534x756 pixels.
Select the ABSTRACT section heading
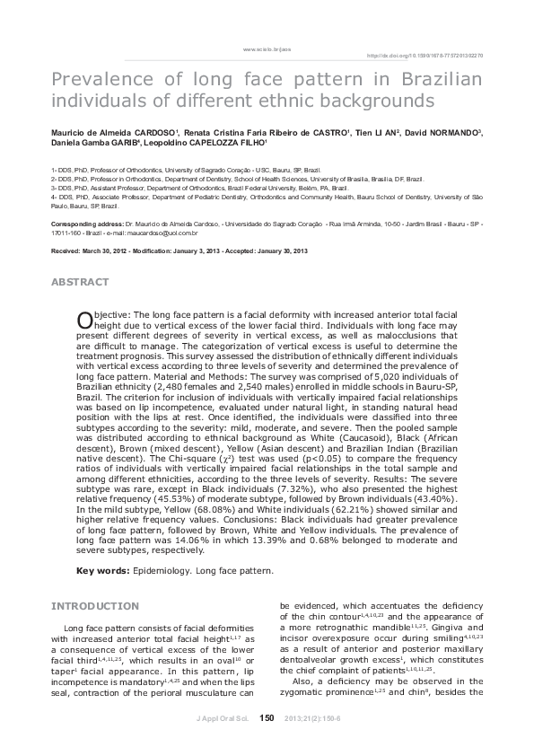pos(81,282)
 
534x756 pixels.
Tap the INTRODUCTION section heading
pos(95,606)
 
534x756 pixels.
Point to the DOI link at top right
pos(426,55)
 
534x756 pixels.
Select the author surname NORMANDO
pos(456,132)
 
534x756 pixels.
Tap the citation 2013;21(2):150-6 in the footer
pos(311,717)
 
